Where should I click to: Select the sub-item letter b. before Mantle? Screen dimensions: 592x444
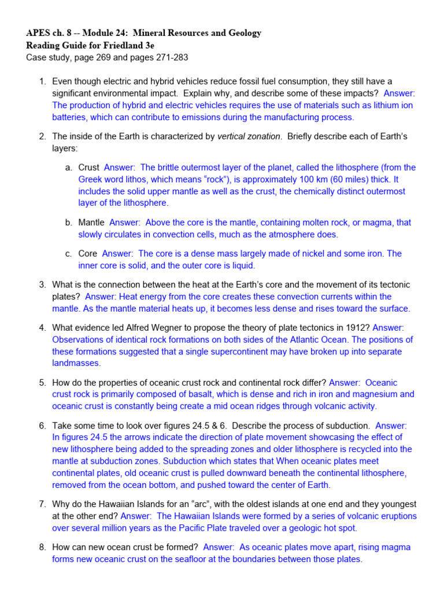tap(68, 222)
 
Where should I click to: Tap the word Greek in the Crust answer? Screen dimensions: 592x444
tap(91, 179)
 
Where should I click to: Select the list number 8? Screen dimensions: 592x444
tap(42, 547)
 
